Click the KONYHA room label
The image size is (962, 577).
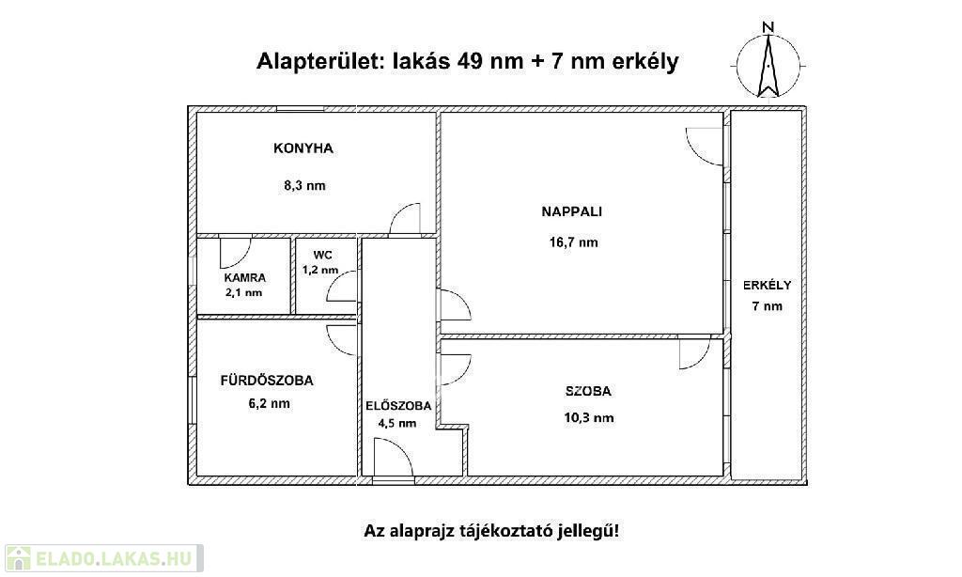[303, 148]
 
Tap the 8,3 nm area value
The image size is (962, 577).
[304, 185]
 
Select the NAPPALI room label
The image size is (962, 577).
[572, 211]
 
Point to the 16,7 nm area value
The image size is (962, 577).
[574, 242]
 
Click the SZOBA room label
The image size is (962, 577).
[588, 391]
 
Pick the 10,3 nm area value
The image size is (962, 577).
[589, 418]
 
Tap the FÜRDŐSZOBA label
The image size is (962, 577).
[267, 381]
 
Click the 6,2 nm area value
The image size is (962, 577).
[270, 404]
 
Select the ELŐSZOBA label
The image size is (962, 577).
[398, 406]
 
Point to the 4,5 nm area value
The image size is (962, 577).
[397, 423]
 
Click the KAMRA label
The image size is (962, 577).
[245, 278]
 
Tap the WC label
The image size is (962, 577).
[323, 256]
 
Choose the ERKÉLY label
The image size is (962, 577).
[767, 286]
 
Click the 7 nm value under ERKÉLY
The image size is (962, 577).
[768, 306]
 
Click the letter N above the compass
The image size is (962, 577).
[768, 27]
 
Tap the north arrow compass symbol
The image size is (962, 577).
[768, 66]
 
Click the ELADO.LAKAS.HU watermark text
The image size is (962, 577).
[114, 558]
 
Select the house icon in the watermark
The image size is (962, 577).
[19, 558]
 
